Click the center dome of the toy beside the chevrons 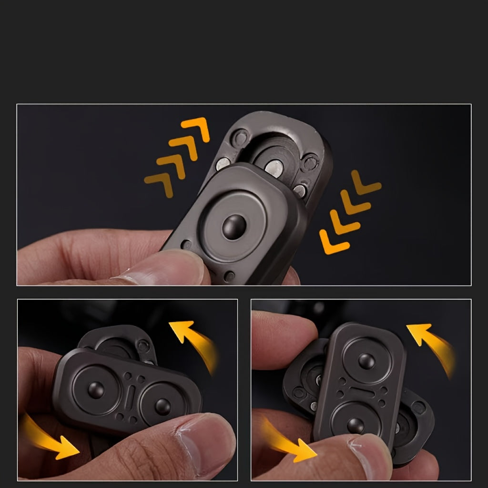pos(234,226)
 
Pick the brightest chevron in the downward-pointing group pos(334,241)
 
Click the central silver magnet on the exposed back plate pos(274,166)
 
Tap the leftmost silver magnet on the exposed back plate pos(223,164)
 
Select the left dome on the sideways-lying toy pos(96,389)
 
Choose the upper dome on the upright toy pos(366,361)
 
